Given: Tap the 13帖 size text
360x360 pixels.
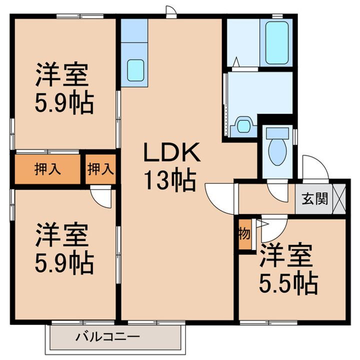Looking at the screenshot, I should (170, 181).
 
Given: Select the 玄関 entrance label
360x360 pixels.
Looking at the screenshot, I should (314, 198).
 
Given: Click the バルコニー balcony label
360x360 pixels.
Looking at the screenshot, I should (107, 336).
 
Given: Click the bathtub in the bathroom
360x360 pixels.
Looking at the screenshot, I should (278, 43).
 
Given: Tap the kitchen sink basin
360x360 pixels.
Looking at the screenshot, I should (135, 69).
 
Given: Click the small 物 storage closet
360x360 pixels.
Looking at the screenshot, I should (244, 234).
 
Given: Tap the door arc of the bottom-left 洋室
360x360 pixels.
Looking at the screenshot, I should (102, 197).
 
